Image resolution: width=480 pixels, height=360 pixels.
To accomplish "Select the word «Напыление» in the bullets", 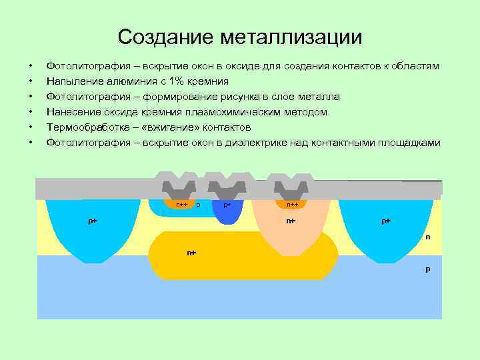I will click(x=72, y=81).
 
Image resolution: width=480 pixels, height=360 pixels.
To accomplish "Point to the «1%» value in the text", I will click(x=175, y=81).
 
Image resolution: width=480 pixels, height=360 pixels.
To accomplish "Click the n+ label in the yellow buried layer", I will click(x=191, y=253).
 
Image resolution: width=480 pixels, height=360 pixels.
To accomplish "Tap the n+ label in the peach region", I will click(x=291, y=221).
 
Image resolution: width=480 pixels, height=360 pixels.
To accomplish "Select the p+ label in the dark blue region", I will click(x=227, y=205).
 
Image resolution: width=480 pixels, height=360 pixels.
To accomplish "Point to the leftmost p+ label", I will click(x=93, y=221).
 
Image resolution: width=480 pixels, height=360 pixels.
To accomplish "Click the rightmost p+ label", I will click(x=386, y=221).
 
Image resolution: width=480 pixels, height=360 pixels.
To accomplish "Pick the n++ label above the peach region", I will click(x=292, y=205).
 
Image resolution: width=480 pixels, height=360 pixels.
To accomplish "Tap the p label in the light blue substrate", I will click(x=428, y=269).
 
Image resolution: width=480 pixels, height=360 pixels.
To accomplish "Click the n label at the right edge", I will click(x=428, y=237).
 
